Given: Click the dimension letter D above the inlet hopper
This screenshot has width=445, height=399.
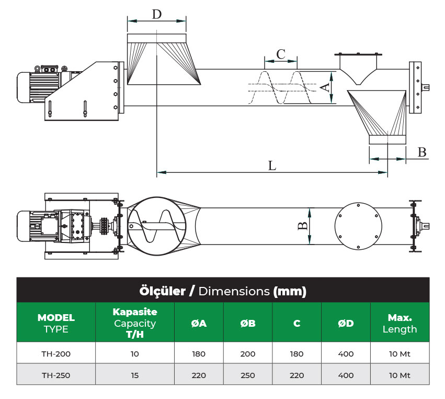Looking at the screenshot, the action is coord(157,14).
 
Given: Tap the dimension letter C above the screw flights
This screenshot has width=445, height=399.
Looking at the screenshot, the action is coord(281,54).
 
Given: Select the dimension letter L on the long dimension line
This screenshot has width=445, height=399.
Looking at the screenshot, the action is coord(272,165).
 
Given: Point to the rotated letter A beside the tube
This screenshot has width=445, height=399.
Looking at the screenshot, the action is coord(326,87).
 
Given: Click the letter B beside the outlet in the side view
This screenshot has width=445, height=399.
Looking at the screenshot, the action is coord(422,152).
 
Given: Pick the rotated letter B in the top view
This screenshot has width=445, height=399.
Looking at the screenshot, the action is coord(303,226).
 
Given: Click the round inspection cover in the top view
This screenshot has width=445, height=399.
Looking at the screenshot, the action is coord(358,226).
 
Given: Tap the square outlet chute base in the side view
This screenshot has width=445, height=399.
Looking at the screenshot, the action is coord(387,139).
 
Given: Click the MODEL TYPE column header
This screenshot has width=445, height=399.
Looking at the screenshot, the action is coord(56,323).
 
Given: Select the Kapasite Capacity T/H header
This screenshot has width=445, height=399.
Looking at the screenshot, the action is coord(135,323).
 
